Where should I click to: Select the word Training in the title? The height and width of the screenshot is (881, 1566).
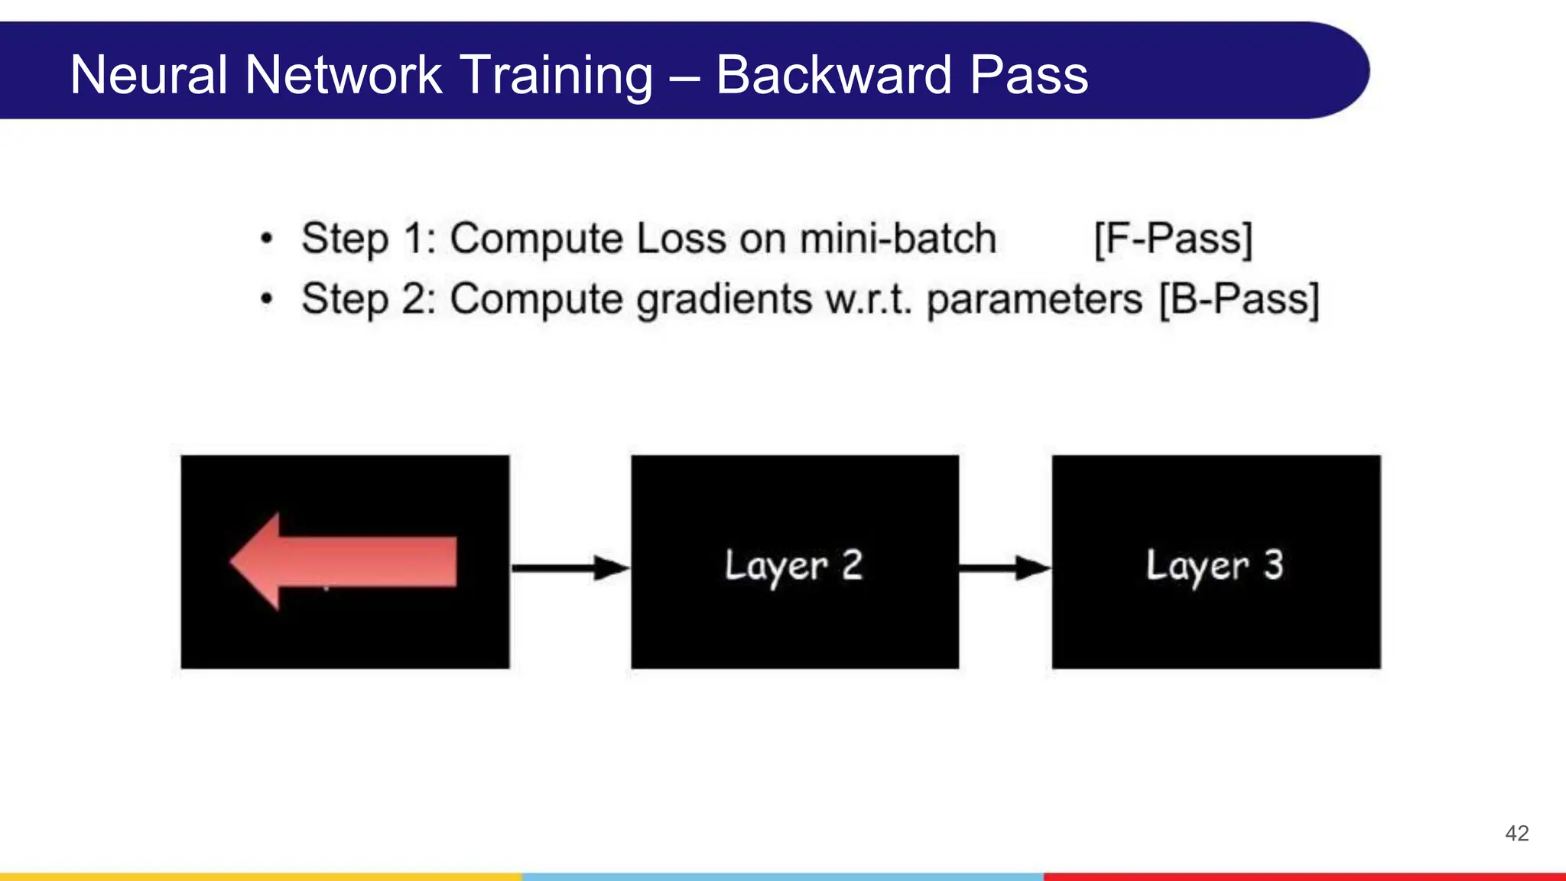coord(557,75)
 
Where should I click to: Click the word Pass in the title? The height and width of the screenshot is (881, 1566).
coord(1028,75)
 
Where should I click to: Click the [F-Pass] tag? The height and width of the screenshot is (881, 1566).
coord(1172,239)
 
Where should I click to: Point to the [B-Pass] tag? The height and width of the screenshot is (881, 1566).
coord(1239,299)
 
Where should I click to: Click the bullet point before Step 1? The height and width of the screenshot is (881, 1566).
coord(266,239)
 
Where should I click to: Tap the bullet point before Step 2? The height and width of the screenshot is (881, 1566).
coord(266,299)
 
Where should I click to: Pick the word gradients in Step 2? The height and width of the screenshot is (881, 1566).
coord(723,299)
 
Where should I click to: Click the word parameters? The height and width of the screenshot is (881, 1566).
coord(1034,299)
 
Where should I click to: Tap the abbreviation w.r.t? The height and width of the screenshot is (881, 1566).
coord(869,299)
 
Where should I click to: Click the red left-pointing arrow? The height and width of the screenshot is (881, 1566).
coord(343,562)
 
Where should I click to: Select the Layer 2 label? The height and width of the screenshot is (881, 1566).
coord(794,566)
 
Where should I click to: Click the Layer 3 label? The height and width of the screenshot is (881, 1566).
coord(1214,566)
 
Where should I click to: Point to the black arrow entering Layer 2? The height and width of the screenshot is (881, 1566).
coord(570,568)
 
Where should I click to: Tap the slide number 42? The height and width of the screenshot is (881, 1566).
coord(1516,833)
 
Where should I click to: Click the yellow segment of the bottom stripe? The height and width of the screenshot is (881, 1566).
coord(260,876)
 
